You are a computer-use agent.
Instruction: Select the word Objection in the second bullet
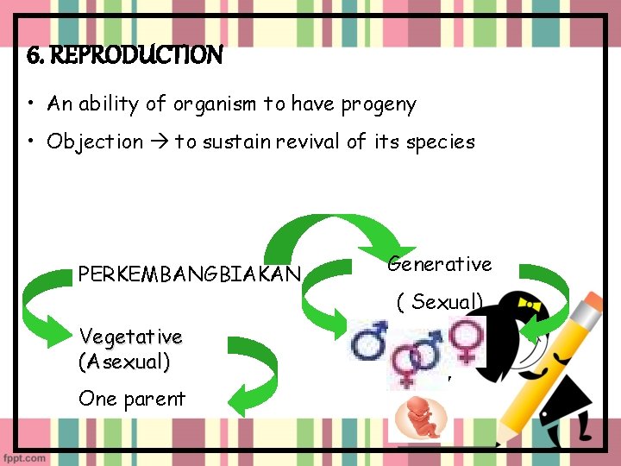click(x=95, y=142)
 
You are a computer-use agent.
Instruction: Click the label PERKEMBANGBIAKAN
click(x=189, y=274)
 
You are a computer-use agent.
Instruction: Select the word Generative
click(x=439, y=264)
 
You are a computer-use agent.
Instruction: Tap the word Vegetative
click(x=130, y=336)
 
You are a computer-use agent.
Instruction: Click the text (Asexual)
click(x=124, y=362)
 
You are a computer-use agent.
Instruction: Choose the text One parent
click(x=131, y=399)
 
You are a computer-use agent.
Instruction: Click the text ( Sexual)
click(x=440, y=302)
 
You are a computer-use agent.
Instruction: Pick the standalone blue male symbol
click(x=370, y=341)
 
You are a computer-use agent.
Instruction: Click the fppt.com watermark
click(x=25, y=457)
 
